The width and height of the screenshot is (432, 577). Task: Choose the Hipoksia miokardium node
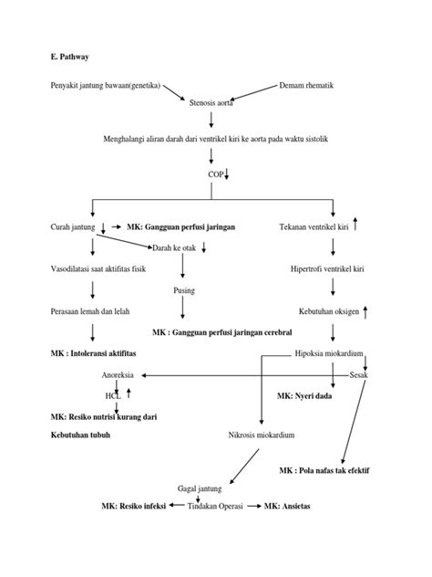[332, 353]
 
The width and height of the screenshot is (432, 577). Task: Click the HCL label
[112, 396]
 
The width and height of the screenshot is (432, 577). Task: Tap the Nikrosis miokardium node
[262, 435]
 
